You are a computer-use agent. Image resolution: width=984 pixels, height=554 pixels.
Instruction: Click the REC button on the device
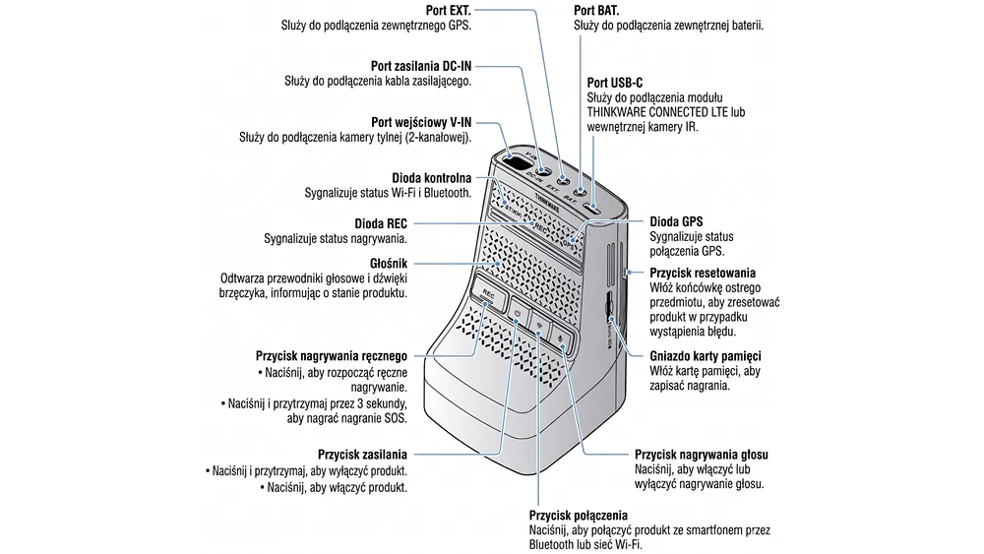coord(489,295)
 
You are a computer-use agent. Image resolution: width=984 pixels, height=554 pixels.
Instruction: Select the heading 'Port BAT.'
coord(603,9)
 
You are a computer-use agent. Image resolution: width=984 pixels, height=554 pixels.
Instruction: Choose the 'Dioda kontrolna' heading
coord(432,177)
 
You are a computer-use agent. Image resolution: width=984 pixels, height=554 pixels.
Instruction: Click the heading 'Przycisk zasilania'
coord(362,455)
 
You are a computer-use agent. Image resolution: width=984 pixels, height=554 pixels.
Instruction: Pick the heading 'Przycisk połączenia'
coord(578,515)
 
